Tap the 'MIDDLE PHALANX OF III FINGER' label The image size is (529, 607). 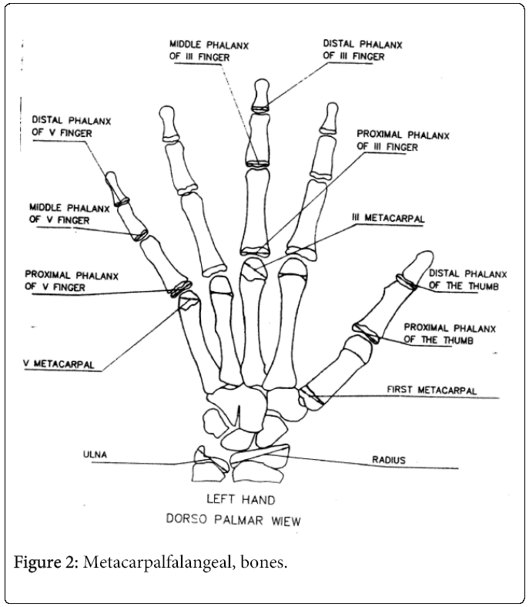(203, 49)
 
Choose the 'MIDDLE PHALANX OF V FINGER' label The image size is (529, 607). (60, 213)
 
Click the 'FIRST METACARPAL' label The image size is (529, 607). (431, 391)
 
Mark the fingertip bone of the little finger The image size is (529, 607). (116, 187)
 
